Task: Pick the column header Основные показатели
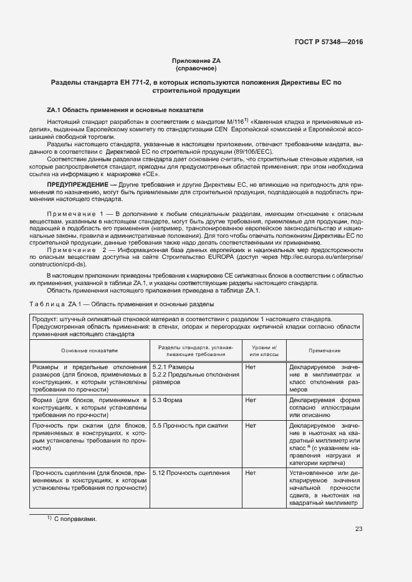89,351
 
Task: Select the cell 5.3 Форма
168,400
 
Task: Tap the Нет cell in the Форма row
251,400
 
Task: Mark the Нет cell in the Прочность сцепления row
251,472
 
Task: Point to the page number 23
358,529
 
